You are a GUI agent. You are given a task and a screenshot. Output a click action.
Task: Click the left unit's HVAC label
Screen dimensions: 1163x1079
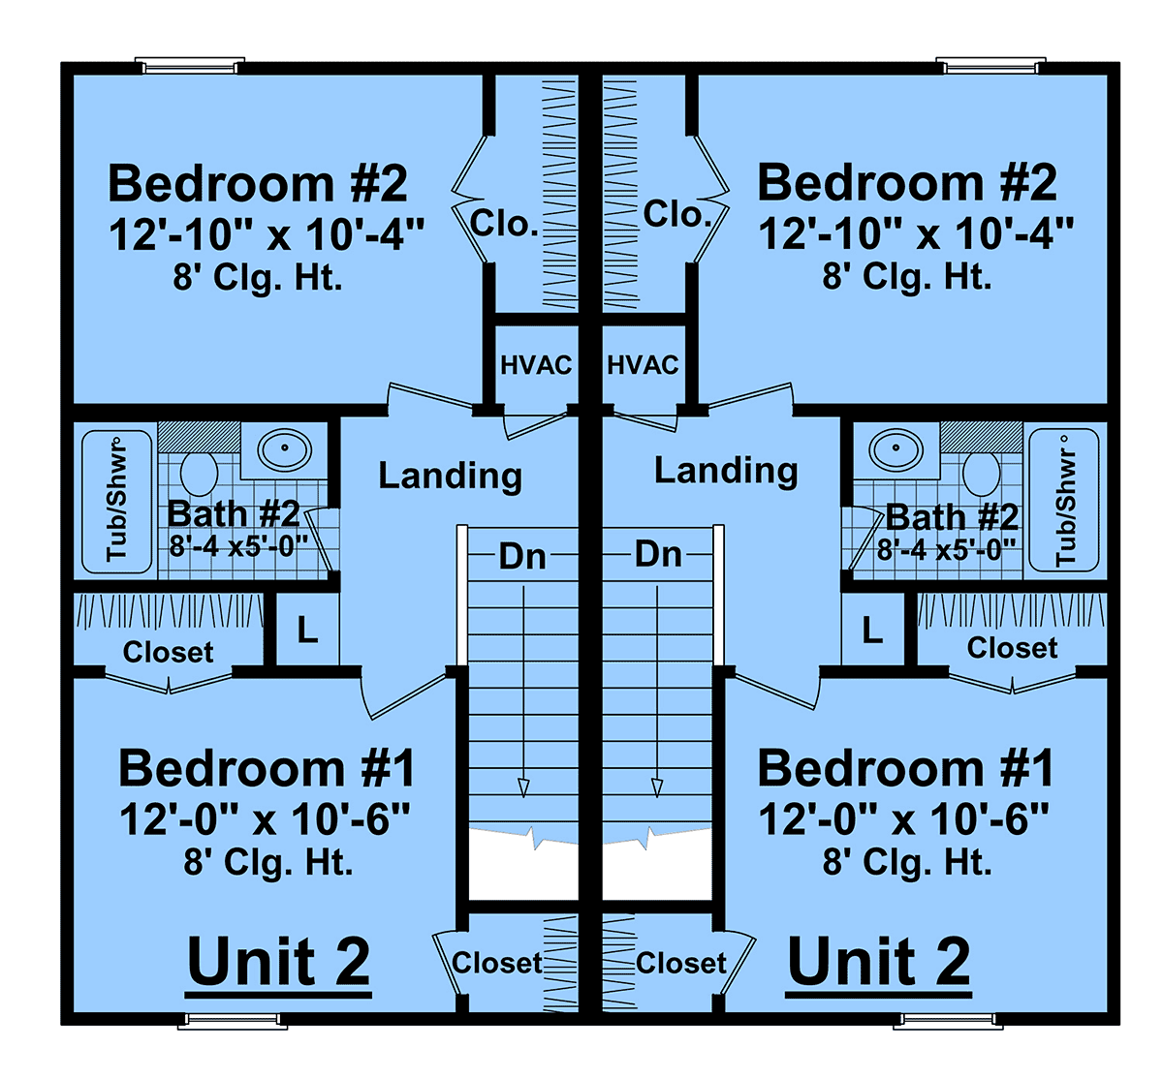pyautogui.click(x=536, y=365)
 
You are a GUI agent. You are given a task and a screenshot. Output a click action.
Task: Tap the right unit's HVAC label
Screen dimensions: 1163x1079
pyautogui.click(x=643, y=365)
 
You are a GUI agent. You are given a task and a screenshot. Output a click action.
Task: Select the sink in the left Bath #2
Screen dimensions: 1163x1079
pyautogui.click(x=285, y=448)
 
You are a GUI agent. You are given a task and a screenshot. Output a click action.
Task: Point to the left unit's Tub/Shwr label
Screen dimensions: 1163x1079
pyautogui.click(x=116, y=502)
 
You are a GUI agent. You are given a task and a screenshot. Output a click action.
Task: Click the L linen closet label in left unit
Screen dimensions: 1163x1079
pyautogui.click(x=307, y=631)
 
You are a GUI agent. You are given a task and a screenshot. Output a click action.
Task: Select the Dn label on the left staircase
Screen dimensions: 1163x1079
pyautogui.click(x=521, y=556)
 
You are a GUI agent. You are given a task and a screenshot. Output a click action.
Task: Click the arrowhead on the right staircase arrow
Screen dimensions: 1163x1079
pyautogui.click(x=657, y=787)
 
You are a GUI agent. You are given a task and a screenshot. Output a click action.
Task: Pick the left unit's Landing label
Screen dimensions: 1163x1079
pyautogui.click(x=450, y=476)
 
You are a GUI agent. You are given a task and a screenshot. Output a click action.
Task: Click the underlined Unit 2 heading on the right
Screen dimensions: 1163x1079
pyautogui.click(x=879, y=963)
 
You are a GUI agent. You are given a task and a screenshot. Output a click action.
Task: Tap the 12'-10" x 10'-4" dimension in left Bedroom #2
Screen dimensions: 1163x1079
pyautogui.click(x=266, y=234)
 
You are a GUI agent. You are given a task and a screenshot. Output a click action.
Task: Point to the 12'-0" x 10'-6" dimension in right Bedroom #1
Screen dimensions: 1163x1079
pyautogui.click(x=903, y=818)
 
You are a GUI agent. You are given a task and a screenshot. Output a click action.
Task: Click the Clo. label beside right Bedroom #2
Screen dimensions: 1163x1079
pyautogui.click(x=677, y=214)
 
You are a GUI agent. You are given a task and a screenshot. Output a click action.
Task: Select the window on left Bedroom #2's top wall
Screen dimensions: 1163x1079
pyautogui.click(x=190, y=66)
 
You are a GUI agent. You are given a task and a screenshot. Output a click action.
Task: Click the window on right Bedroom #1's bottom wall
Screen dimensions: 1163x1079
pyautogui.click(x=948, y=1021)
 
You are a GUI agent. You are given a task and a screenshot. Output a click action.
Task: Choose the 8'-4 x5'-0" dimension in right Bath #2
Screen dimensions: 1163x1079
pyautogui.click(x=946, y=550)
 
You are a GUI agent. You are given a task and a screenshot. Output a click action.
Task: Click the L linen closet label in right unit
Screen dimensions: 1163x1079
pyautogui.click(x=872, y=631)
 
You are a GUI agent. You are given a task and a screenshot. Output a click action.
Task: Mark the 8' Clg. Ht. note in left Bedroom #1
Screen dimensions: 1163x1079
pyautogui.click(x=268, y=862)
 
